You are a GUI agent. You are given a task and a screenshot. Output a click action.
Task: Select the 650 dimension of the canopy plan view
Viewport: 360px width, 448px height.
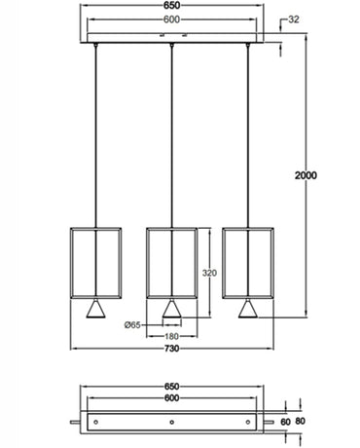[x=171, y=386]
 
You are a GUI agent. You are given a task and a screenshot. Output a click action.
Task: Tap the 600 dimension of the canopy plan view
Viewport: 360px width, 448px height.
[x=171, y=398]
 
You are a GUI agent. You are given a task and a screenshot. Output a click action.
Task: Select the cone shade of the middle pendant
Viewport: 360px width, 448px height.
[x=171, y=309]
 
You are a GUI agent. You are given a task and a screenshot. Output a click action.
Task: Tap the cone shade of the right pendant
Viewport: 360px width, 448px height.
[x=248, y=309]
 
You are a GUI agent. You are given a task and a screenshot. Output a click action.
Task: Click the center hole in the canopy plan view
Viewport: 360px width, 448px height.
[x=171, y=421]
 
